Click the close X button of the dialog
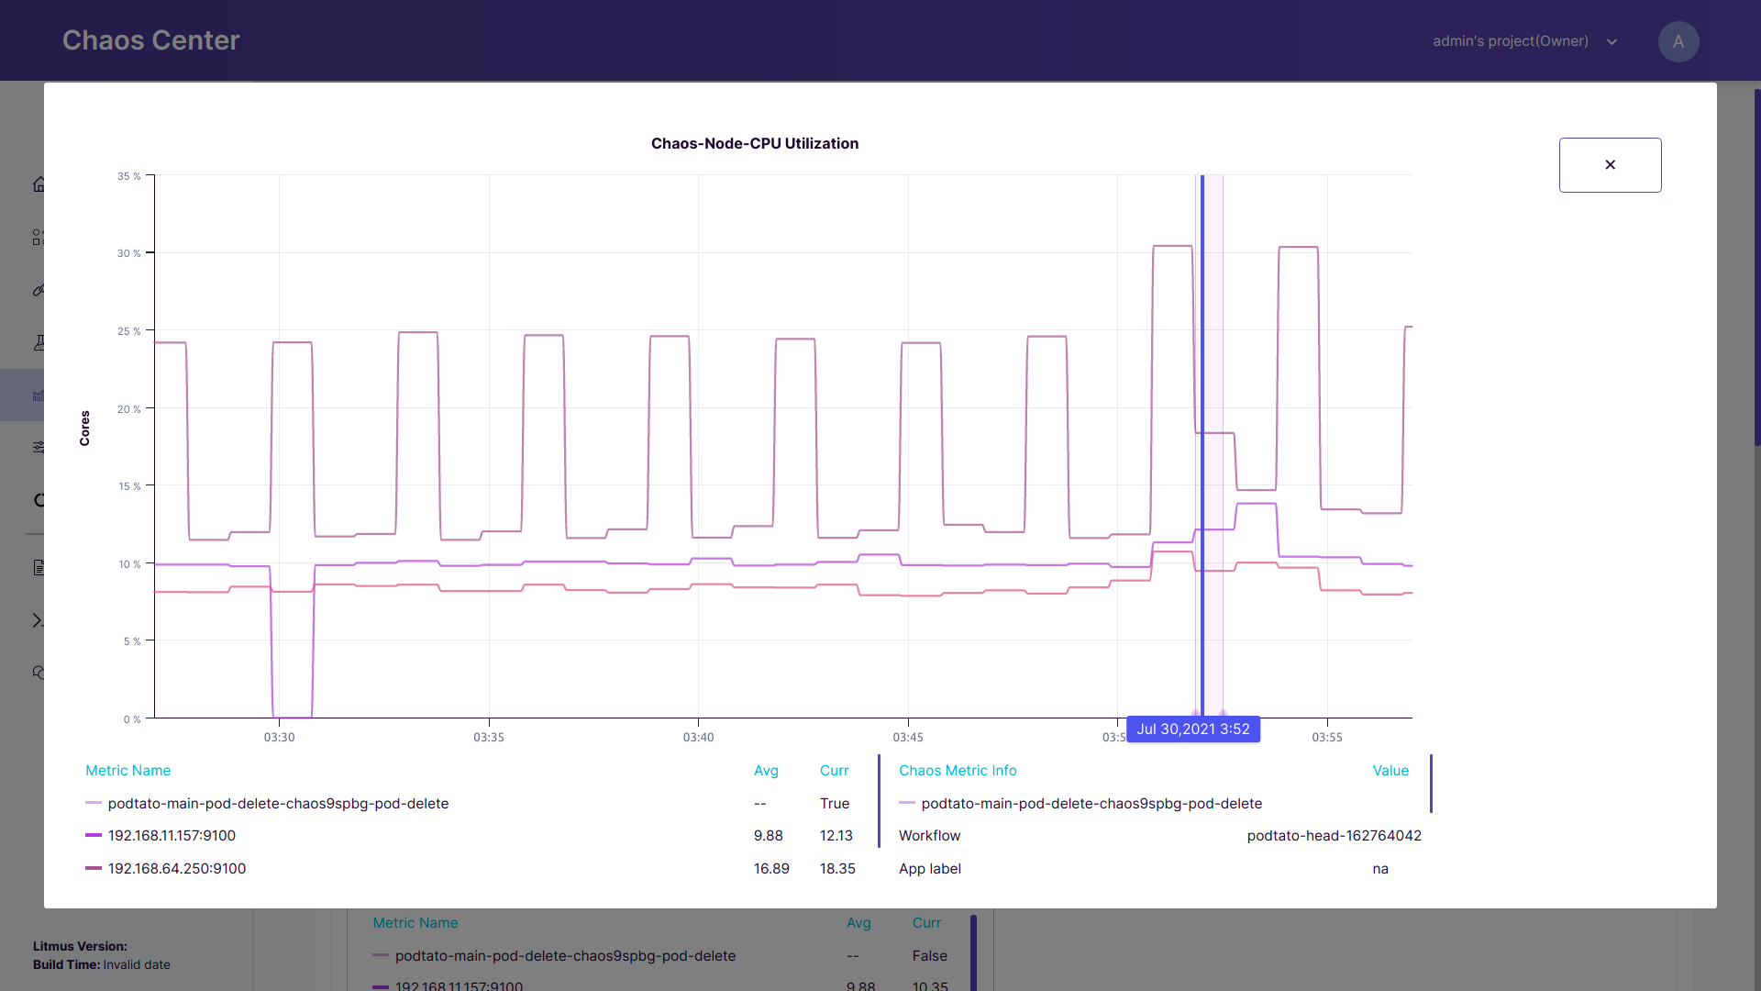[x=1610, y=165]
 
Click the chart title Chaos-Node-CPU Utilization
[x=754, y=143]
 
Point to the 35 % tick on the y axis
[x=128, y=176]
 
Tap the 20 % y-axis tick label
[x=128, y=409]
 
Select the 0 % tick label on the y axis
[x=132, y=719]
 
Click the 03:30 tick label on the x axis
[x=279, y=737]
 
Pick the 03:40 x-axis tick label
[x=698, y=737]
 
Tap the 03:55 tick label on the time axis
[x=1326, y=737]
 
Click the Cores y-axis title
[x=85, y=428]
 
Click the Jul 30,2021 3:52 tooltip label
[x=1192, y=729]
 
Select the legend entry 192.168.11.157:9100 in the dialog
[x=172, y=836]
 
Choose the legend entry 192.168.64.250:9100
[x=177, y=869]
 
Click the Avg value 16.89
[x=771, y=869]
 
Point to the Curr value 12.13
[x=836, y=836]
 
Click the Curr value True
[x=834, y=804]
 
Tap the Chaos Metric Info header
[x=957, y=771]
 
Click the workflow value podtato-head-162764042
[x=1334, y=836]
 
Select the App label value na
[x=1379, y=869]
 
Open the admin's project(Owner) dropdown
[x=1524, y=41]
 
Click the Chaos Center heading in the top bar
[x=150, y=40]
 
